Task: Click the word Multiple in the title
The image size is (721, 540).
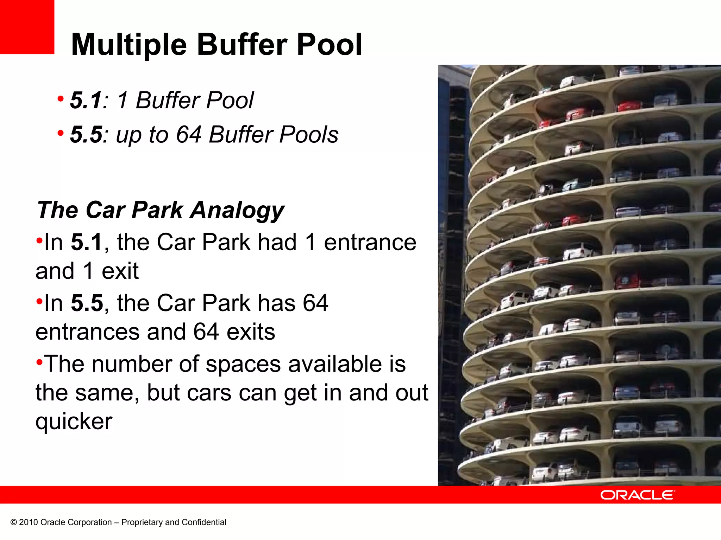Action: pos(129,45)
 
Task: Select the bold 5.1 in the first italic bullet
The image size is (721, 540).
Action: pos(86,100)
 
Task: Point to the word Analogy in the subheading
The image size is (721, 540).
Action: pos(237,210)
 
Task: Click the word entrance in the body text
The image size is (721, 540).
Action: pos(370,242)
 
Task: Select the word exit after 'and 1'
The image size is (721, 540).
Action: pos(120,271)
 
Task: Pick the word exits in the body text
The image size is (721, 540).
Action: pos(251,332)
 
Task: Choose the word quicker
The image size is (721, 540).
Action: pos(74,421)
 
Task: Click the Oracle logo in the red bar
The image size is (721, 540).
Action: pos(638,495)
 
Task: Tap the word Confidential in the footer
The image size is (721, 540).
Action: pos(204,522)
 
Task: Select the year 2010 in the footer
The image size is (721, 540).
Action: pos(29,522)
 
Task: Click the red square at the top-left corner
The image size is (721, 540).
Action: pos(27,27)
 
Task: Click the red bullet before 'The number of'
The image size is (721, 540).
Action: pos(39,361)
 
